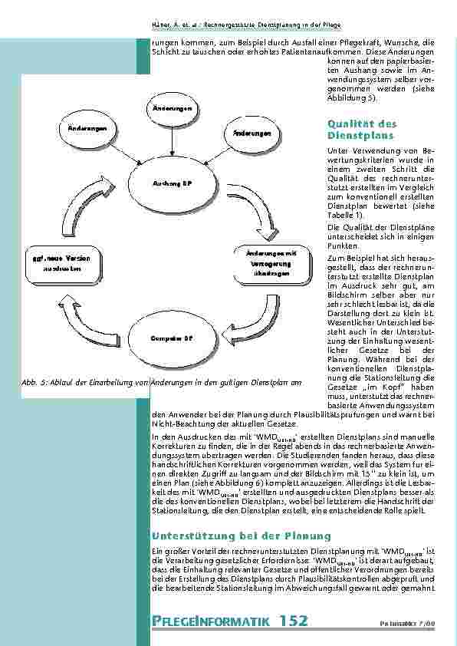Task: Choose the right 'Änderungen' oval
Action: pos(247,133)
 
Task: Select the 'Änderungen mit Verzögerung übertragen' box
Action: pos(271,263)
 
